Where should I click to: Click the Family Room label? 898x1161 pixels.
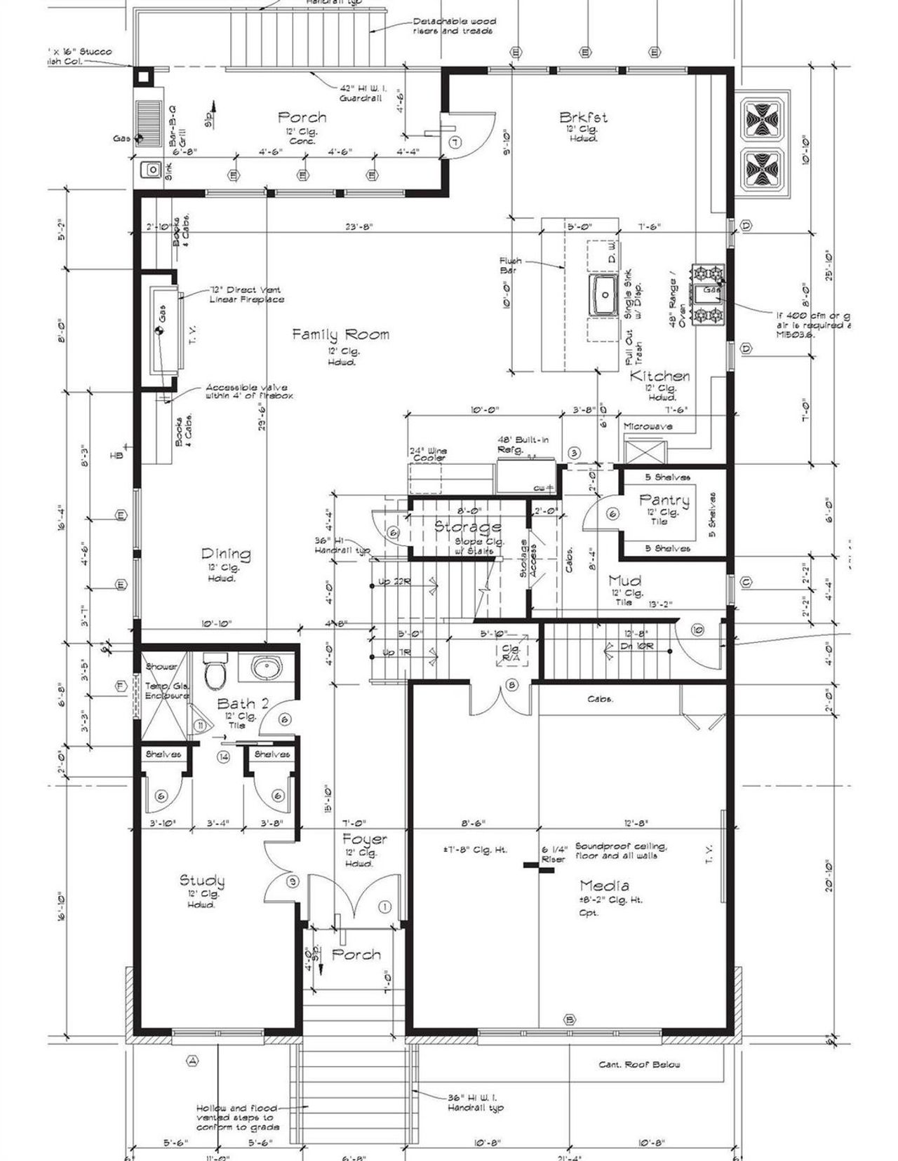[x=340, y=334]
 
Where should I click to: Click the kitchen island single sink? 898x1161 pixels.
[x=603, y=295]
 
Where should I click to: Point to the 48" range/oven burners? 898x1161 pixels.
[x=707, y=294]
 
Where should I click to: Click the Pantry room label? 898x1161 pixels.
[x=664, y=500]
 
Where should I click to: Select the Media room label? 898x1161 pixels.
[x=604, y=885]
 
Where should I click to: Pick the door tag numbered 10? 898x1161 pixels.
[x=697, y=630]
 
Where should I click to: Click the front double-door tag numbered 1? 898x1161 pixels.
[x=384, y=907]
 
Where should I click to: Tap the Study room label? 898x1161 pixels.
[x=202, y=881]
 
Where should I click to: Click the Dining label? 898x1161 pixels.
[x=226, y=554]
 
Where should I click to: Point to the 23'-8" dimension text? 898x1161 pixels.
[x=358, y=226]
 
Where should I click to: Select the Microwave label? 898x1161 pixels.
[x=648, y=426]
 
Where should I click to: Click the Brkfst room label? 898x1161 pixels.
[x=584, y=117]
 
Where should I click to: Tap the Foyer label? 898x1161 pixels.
[x=364, y=839]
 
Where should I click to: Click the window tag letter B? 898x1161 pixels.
[x=570, y=1019]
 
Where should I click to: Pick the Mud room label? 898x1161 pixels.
[x=624, y=580]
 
